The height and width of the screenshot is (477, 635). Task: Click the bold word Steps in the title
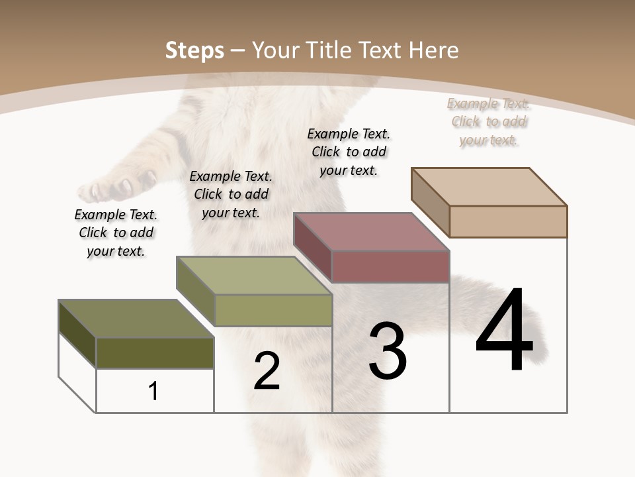coord(194,50)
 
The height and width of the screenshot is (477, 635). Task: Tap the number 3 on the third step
coord(387,351)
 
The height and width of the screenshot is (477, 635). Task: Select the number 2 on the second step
coord(267,371)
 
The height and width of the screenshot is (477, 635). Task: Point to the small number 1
coord(153,391)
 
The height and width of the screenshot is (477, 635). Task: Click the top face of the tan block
coord(489,186)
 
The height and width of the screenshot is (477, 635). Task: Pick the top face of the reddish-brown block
coord(371,231)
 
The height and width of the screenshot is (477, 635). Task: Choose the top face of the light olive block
coord(253,275)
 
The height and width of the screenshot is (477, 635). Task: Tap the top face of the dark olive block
coord(136,319)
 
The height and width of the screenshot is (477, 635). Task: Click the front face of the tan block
coord(508,221)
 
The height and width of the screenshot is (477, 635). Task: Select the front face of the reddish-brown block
coord(390,266)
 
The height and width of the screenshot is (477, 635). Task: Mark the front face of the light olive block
coord(273,310)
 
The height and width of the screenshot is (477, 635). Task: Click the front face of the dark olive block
coord(155,352)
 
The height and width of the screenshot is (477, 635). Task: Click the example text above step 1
coord(116,233)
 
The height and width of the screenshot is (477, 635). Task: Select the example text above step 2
coord(231,194)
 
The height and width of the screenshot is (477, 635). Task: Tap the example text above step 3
coord(349,152)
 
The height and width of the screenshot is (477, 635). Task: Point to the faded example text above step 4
coord(488,121)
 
